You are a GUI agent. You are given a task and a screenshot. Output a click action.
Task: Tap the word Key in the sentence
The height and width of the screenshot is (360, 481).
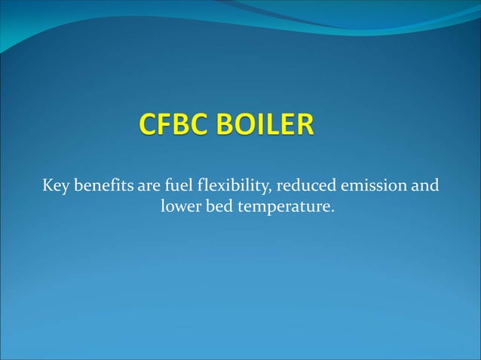coord(55,185)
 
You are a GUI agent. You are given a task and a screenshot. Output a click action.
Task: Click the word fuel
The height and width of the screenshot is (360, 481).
coord(172,185)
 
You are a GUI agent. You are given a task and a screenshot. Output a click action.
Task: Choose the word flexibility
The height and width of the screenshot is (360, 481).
coord(228,185)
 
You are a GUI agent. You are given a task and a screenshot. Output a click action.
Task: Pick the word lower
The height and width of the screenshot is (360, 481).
coord(180,206)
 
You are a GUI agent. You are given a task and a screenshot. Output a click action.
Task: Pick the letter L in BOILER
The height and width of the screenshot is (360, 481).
coord(273,126)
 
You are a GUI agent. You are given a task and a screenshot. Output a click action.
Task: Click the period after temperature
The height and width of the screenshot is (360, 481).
coord(332,209)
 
